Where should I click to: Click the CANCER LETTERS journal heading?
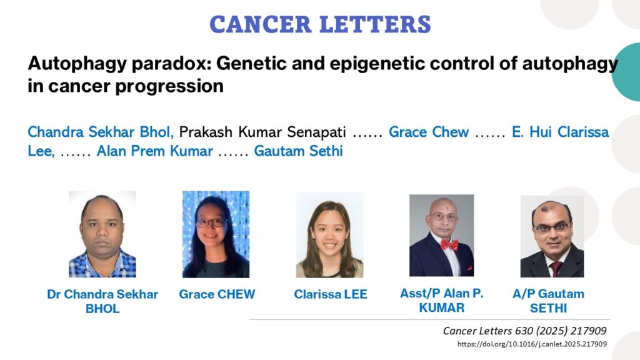(x=321, y=24)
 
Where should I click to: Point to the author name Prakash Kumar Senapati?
(x=262, y=132)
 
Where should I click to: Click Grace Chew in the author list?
(x=429, y=132)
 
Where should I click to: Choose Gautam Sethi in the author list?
(x=298, y=151)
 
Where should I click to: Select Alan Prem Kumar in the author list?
(x=155, y=151)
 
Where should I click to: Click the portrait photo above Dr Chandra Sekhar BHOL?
(x=102, y=234)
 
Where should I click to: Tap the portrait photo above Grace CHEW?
(x=216, y=234)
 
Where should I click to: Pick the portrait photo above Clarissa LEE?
(x=329, y=235)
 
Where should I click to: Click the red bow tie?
(x=449, y=245)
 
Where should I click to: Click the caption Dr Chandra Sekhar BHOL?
(x=102, y=301)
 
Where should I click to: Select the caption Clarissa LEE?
(x=331, y=294)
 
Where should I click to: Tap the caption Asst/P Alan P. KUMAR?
(x=442, y=301)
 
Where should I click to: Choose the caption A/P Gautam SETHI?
(x=548, y=301)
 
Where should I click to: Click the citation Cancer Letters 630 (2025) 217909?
(x=525, y=331)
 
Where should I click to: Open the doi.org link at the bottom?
(x=532, y=344)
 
